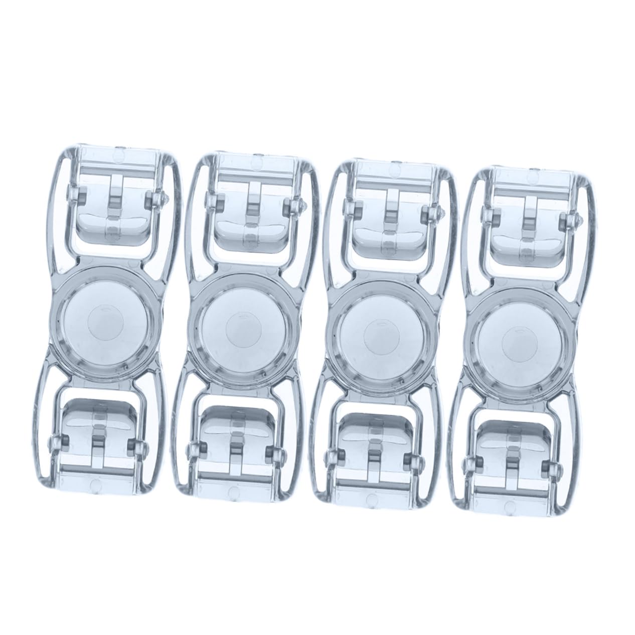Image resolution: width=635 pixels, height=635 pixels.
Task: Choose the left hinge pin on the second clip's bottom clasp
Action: [x=191, y=448]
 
